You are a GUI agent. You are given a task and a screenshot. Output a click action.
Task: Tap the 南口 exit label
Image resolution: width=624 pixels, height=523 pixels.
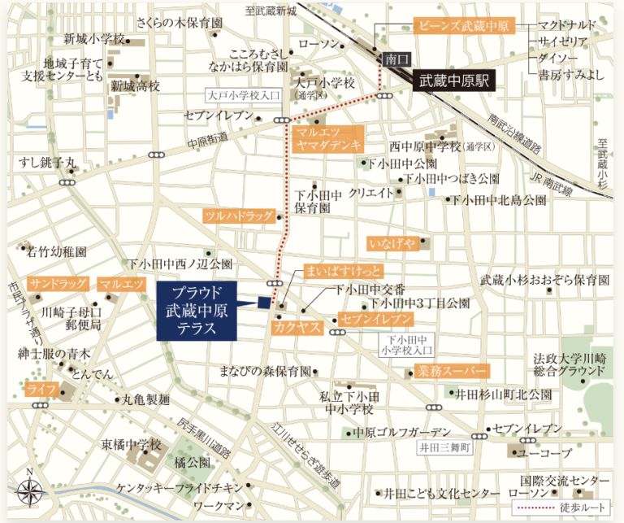pyautogui.click(x=396, y=59)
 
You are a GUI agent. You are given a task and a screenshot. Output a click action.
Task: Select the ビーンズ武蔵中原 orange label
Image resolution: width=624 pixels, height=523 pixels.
pyautogui.click(x=462, y=25)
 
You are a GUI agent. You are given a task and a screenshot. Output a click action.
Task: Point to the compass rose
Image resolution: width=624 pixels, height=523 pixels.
pyautogui.click(x=30, y=491)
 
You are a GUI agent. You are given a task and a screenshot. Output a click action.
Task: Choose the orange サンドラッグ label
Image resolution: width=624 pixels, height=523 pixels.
pyautogui.click(x=57, y=284)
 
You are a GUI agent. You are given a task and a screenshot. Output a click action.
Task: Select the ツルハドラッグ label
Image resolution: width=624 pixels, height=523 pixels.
pyautogui.click(x=240, y=216)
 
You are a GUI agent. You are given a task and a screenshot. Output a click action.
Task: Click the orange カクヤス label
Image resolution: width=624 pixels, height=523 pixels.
pyautogui.click(x=298, y=328)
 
